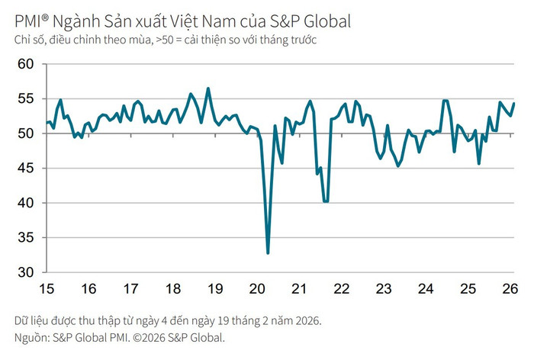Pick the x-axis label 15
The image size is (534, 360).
[46, 289]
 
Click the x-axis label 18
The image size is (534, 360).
[172, 289]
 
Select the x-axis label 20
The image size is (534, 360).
[257, 289]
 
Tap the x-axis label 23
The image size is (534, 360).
[384, 289]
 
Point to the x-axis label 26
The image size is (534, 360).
[510, 289]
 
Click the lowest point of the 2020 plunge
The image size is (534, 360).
[268, 252]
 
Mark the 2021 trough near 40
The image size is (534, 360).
[326, 201]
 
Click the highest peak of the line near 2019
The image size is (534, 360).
[208, 88]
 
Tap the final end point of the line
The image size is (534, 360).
[513, 104]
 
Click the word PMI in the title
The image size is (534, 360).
[27, 21]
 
